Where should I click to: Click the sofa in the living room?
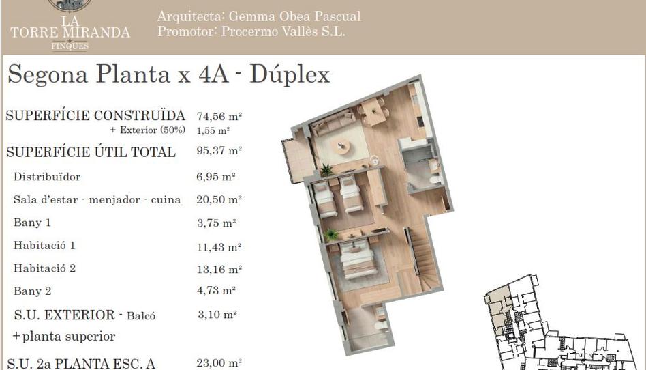click(x=333, y=122)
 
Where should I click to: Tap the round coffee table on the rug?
click(x=340, y=146)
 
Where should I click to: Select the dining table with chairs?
click(x=373, y=111)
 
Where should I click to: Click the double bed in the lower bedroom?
click(x=357, y=259)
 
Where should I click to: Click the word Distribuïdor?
click(x=47, y=177)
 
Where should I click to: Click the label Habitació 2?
click(x=44, y=268)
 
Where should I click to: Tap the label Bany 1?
click(x=32, y=223)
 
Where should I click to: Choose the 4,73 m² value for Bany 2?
click(x=216, y=291)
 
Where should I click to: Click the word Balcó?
click(x=141, y=316)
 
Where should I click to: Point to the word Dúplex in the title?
click(x=290, y=74)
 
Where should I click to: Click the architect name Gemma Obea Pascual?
click(x=294, y=16)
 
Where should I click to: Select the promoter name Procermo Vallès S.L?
click(x=283, y=31)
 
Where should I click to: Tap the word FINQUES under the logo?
click(x=70, y=46)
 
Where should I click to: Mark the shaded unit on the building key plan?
click(x=499, y=310)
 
